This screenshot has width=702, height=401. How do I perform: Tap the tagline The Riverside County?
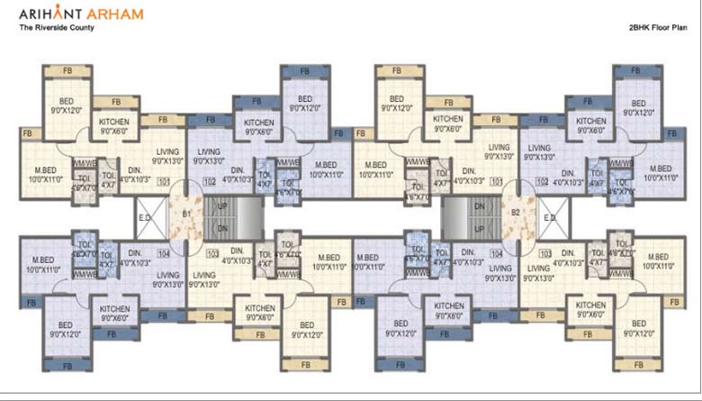(56, 28)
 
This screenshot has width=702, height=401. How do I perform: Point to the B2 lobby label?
(516, 214)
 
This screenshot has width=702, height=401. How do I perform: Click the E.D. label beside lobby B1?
(145, 216)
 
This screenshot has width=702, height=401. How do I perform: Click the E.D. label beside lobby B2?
(550, 216)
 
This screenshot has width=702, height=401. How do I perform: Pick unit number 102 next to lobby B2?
(542, 182)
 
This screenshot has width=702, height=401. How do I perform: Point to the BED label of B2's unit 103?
(637, 330)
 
